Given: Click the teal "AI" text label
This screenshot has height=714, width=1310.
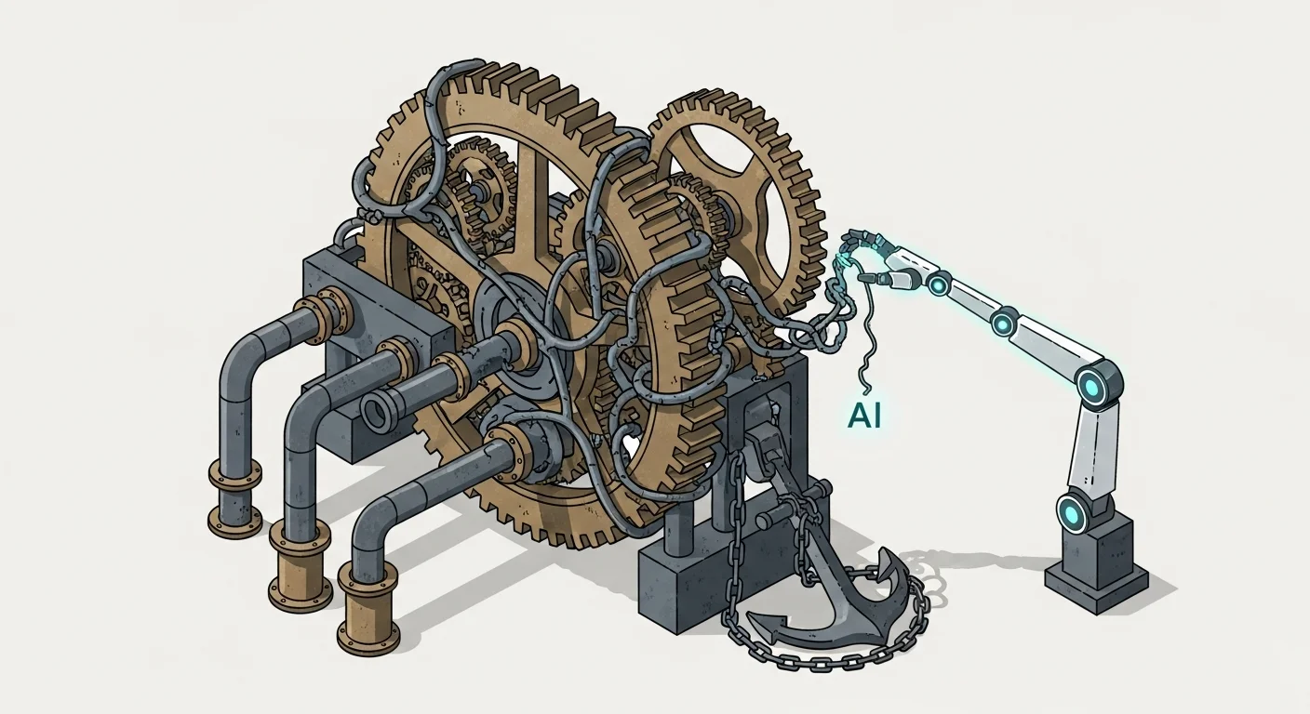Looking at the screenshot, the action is point(864,416).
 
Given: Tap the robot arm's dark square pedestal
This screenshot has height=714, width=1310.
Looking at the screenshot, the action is point(1096,568).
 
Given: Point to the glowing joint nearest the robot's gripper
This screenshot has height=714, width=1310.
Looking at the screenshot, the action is point(939,284).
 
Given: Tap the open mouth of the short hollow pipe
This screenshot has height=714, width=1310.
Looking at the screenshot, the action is point(375,412).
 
